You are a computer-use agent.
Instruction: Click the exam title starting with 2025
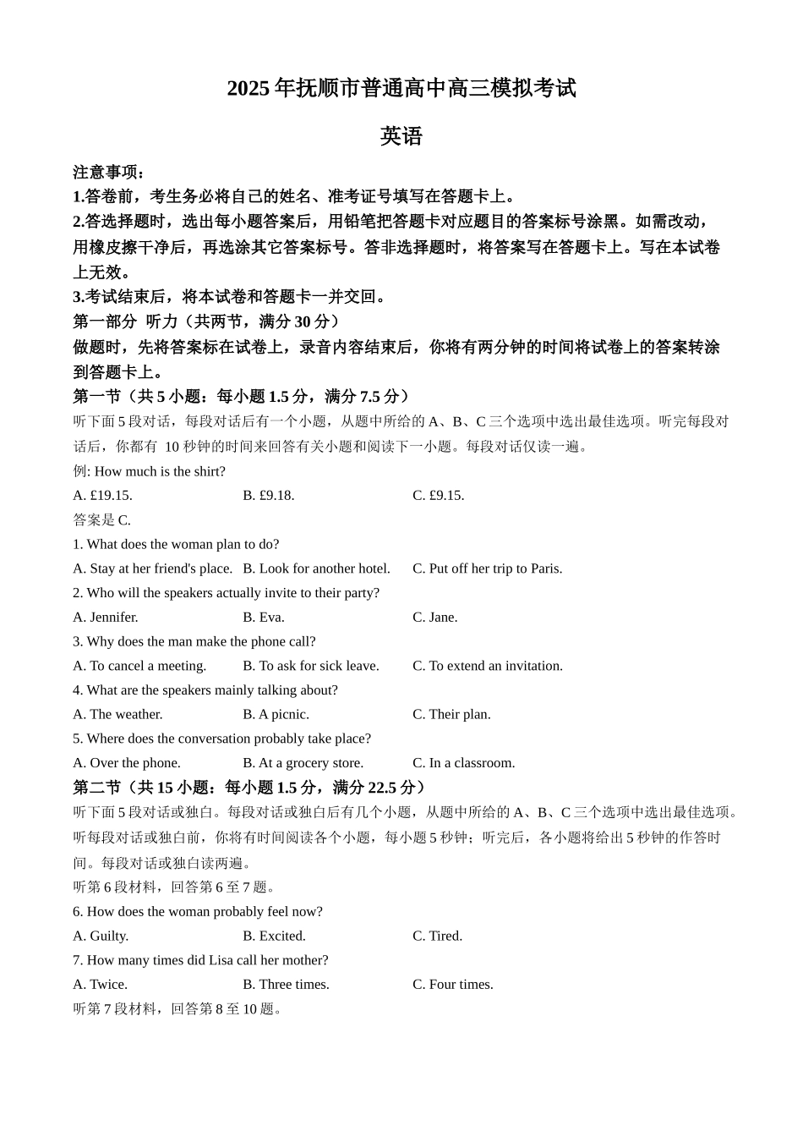pyautogui.click(x=401, y=88)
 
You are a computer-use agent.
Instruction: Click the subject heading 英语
pyautogui.click(x=401, y=136)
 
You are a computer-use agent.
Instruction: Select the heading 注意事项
pyautogui.click(x=109, y=172)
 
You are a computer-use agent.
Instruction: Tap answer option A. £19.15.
pyautogui.click(x=102, y=496)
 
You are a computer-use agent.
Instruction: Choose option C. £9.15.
pyautogui.click(x=438, y=496)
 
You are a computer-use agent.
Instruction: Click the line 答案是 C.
pyautogui.click(x=101, y=520)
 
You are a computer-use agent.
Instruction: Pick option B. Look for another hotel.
pyautogui.click(x=316, y=568)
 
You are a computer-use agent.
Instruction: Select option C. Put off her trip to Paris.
pyautogui.click(x=487, y=568)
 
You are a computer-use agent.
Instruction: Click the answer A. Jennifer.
pyautogui.click(x=106, y=618)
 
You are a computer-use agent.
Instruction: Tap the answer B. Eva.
pyautogui.click(x=264, y=618)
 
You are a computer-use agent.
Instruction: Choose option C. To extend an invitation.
pyautogui.click(x=487, y=666)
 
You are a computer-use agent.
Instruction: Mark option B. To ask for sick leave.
pyautogui.click(x=310, y=666)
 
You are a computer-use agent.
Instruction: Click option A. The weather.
pyautogui.click(x=117, y=715)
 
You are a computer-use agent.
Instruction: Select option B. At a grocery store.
pyautogui.click(x=303, y=763)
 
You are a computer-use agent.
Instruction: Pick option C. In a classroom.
pyautogui.click(x=463, y=763)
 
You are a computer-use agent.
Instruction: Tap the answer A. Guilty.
pyautogui.click(x=101, y=936)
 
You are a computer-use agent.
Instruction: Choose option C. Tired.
pyautogui.click(x=437, y=936)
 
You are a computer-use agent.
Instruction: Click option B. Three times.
pyautogui.click(x=286, y=985)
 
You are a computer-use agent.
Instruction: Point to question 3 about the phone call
pyautogui.click(x=194, y=641)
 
